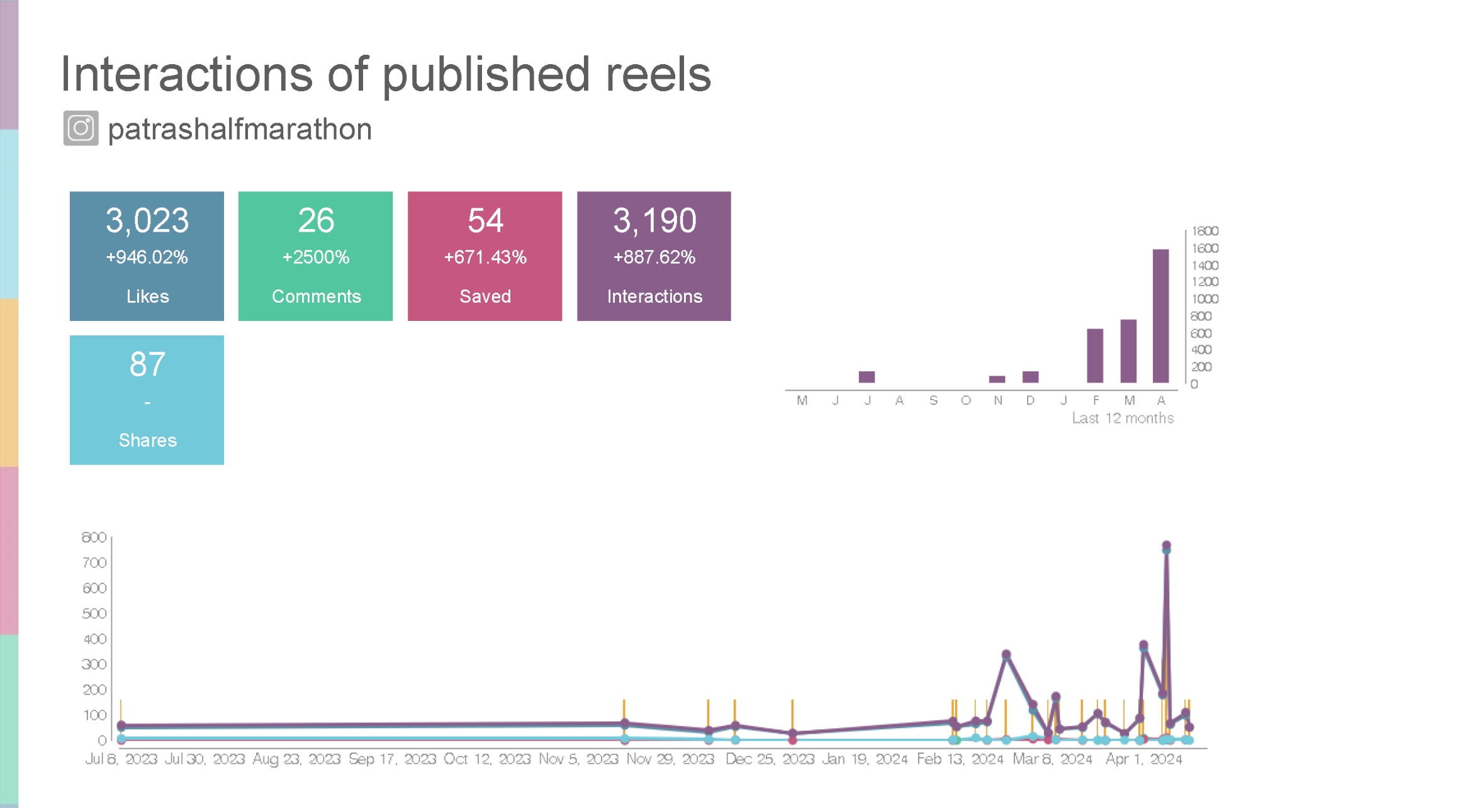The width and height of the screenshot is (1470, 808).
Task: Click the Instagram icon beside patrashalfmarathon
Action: click(81, 128)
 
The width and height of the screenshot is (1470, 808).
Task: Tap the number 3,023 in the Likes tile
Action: click(147, 221)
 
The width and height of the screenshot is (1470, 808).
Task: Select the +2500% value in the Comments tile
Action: click(315, 257)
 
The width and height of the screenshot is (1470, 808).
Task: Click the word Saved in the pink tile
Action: click(485, 296)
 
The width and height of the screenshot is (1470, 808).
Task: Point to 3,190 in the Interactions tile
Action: click(654, 221)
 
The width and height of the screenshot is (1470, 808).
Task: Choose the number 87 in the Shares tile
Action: click(147, 364)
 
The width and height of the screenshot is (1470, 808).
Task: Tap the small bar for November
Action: click(997, 379)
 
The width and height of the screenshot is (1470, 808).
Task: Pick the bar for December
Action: click(1030, 377)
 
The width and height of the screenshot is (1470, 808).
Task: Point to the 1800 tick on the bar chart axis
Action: click(1204, 231)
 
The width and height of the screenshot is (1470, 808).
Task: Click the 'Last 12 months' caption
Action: click(1123, 418)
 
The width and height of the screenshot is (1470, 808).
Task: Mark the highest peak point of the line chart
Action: click(1166, 546)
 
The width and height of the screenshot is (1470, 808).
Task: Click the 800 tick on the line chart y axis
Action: click(94, 537)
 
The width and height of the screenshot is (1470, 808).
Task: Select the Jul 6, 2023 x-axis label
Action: click(121, 759)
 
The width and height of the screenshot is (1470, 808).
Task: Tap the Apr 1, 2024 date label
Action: click(1143, 759)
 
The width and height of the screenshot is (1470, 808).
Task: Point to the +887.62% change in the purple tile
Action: click(654, 257)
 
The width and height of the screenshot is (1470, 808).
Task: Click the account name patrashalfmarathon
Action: click(240, 129)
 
